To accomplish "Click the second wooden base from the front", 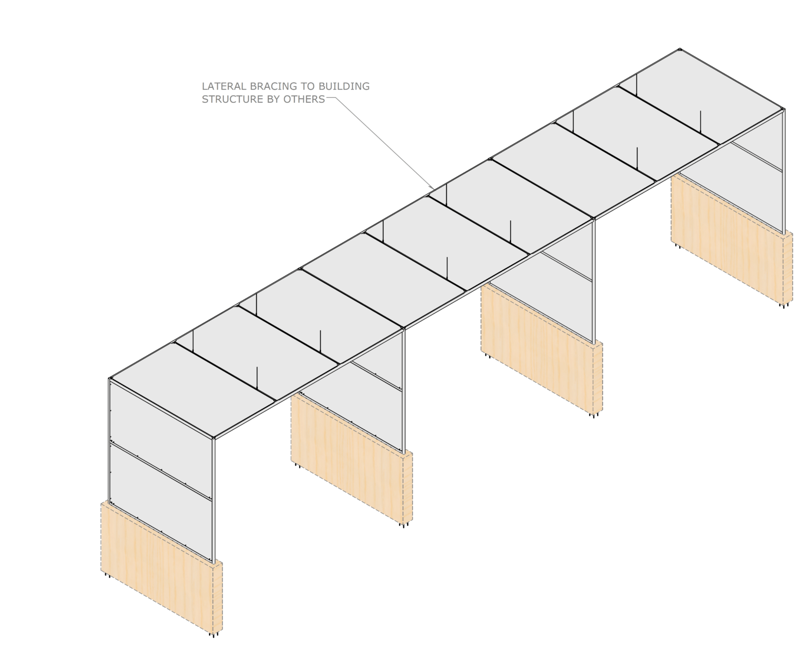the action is (x=352, y=459).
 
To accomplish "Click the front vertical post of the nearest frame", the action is (x=214, y=500).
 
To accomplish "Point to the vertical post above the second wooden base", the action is (x=403, y=390).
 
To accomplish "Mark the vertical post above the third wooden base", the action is (x=593, y=281).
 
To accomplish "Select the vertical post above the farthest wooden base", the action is (x=784, y=171).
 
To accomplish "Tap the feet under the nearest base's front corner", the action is (x=214, y=634).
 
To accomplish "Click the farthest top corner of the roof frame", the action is (x=680, y=49).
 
